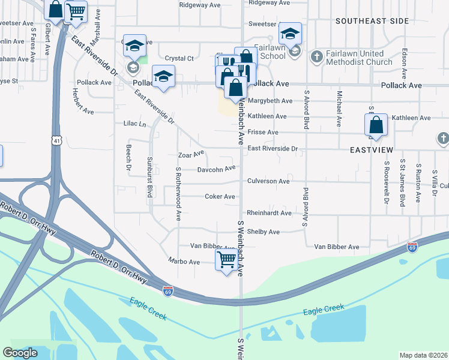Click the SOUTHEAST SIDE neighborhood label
tap(372, 21)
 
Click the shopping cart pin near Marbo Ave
tap(226, 261)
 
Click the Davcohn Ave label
tap(216, 169)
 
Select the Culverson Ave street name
tap(268, 181)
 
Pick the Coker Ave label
tap(220, 196)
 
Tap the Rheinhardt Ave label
tap(269, 213)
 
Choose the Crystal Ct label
tap(179, 59)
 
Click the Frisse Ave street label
tap(263, 132)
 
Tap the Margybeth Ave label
tap(270, 101)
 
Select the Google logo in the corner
tap(20, 353)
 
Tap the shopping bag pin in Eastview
tap(376, 126)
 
